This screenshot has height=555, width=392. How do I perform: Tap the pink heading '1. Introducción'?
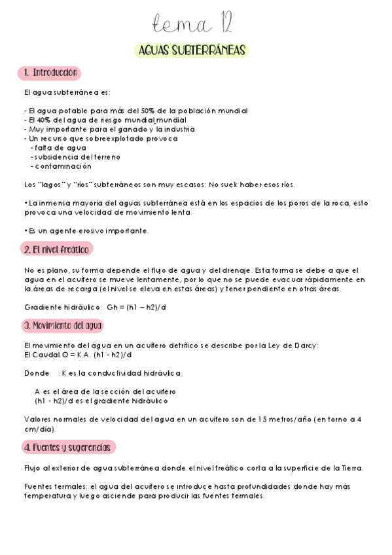tap(50, 73)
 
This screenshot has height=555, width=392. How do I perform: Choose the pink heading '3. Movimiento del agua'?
tap(63, 325)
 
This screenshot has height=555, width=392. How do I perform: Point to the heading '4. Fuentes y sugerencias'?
tap(68, 448)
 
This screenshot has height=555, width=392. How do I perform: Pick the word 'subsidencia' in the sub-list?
tap(57, 157)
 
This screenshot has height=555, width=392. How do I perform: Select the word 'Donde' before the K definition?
tap(37, 373)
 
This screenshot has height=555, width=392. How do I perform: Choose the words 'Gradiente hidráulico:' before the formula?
tap(62, 307)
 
